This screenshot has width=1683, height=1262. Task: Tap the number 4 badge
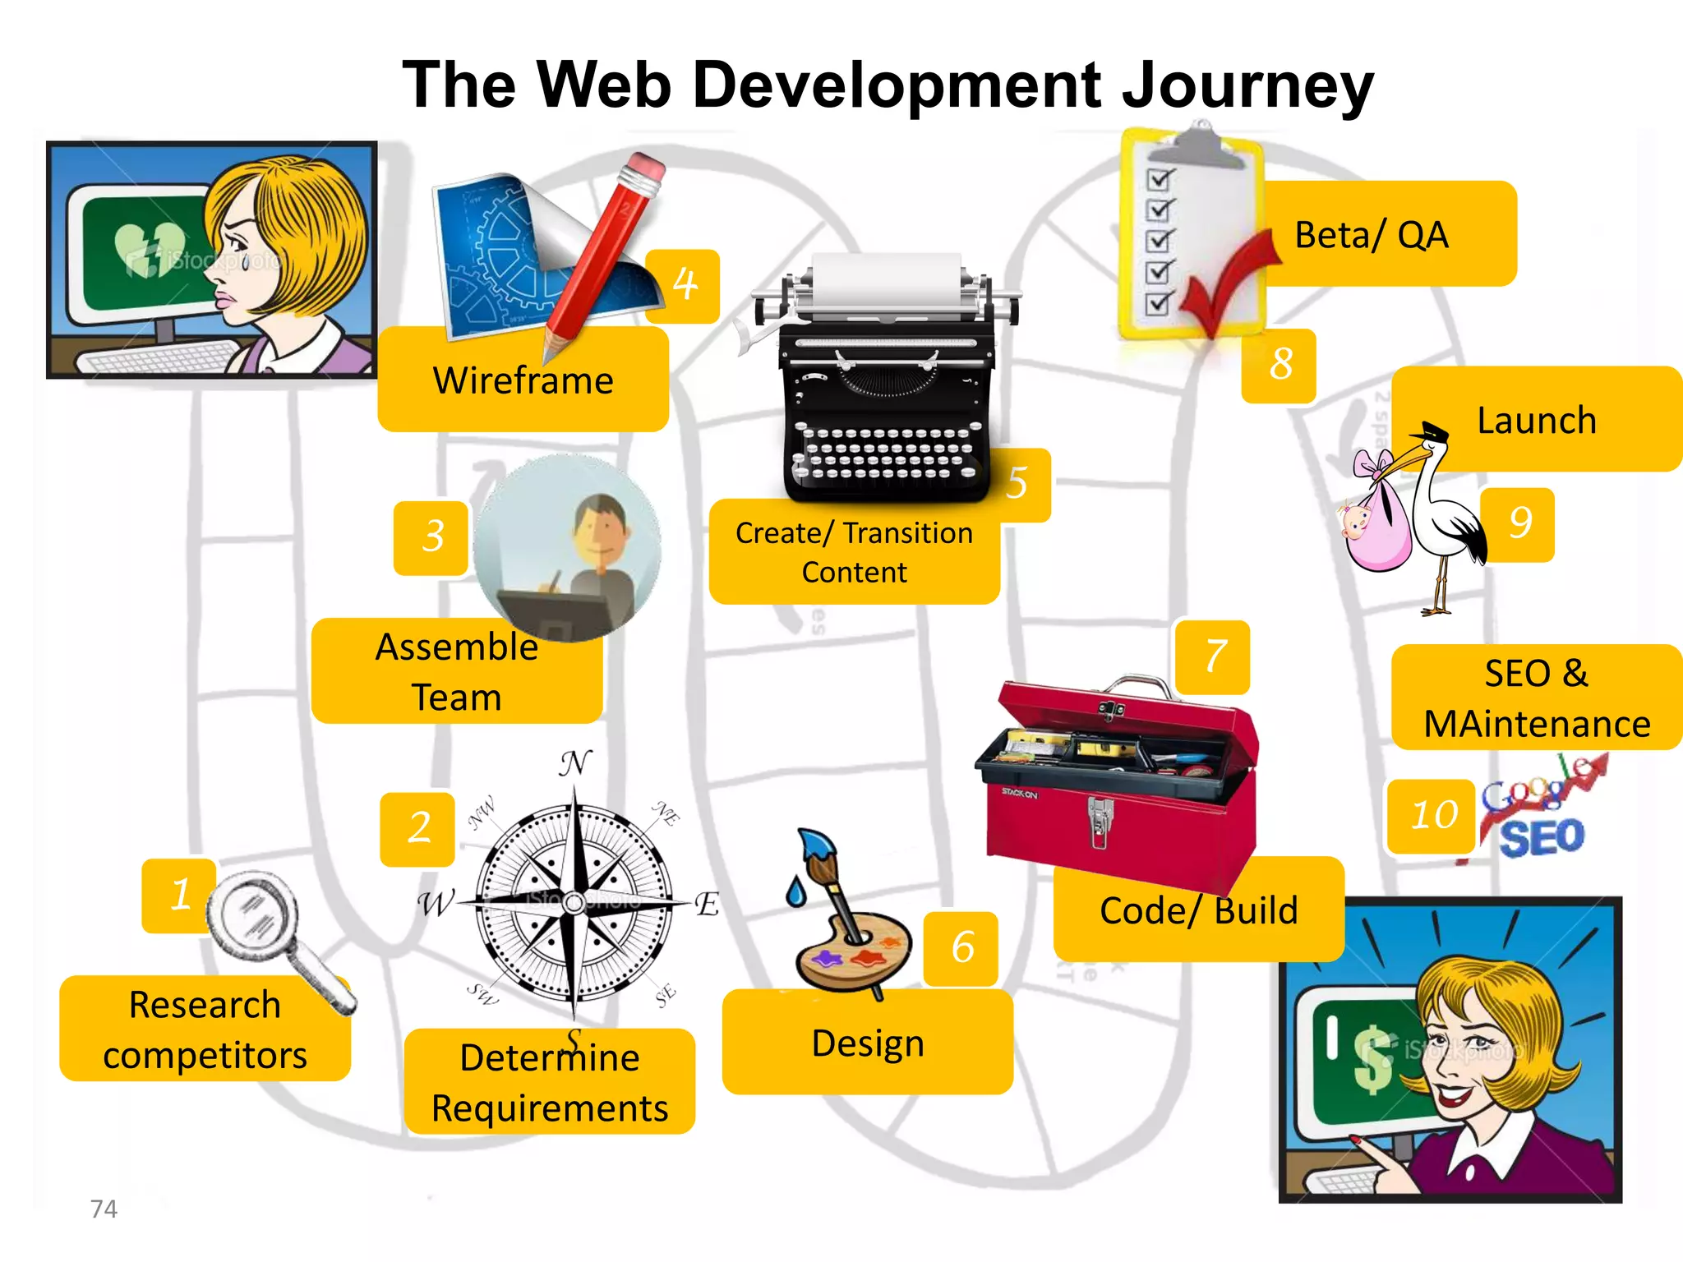(684, 286)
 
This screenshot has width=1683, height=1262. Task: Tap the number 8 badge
(1279, 365)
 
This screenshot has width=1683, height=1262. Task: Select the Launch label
(1537, 421)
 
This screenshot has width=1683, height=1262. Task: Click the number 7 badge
(1213, 657)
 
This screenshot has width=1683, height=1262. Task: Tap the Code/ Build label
(1198, 910)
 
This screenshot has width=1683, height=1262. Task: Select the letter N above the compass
(574, 763)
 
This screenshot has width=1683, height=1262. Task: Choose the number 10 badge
(1433, 815)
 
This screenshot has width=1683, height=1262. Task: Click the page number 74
(104, 1209)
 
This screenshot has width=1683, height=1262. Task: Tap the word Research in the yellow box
(205, 1005)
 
